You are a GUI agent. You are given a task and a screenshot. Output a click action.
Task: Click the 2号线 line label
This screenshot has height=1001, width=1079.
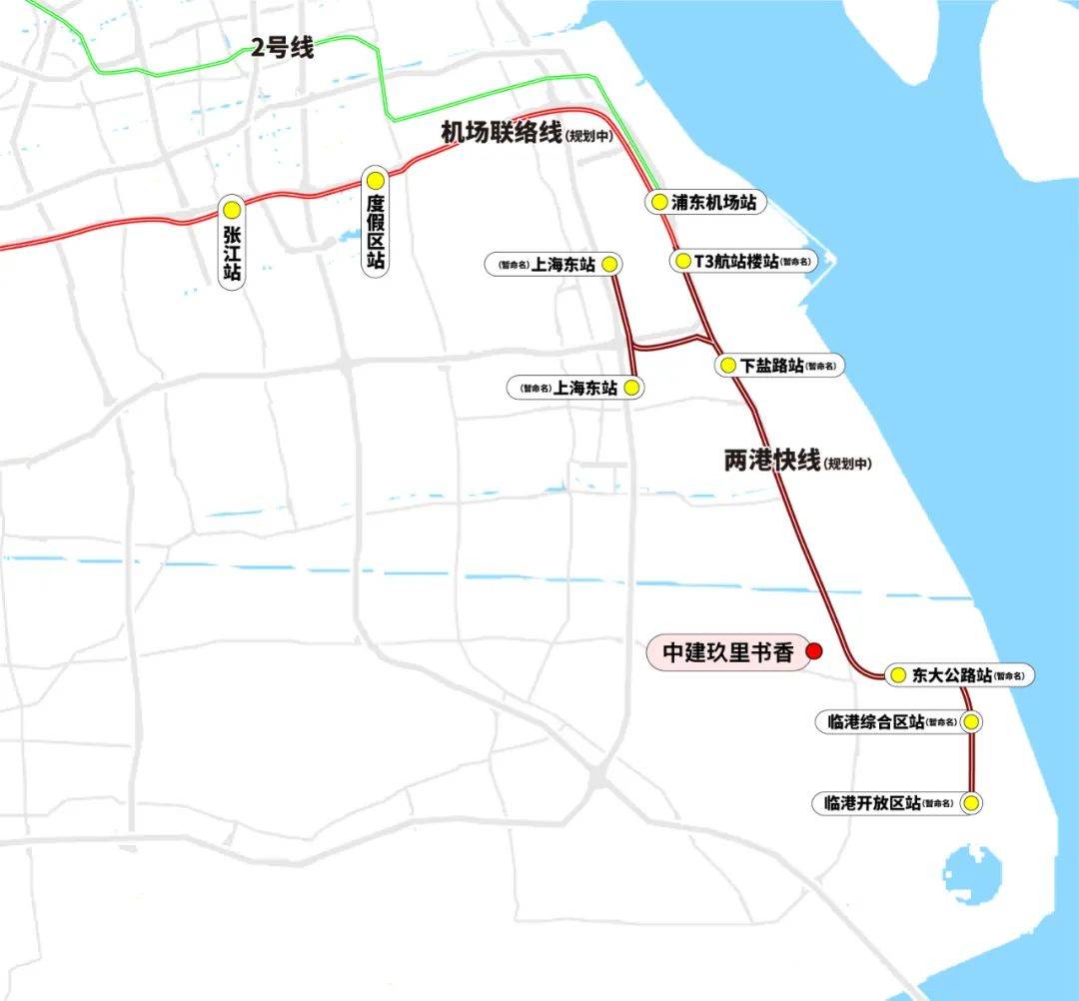[282, 47]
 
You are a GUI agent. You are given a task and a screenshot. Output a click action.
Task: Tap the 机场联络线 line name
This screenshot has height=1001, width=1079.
[502, 133]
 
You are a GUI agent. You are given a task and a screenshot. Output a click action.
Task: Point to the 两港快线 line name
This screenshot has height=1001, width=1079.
[772, 461]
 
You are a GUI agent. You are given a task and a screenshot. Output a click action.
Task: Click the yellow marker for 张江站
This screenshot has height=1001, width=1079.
[232, 210]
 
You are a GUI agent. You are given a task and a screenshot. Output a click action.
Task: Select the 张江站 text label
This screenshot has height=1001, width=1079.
[232, 254]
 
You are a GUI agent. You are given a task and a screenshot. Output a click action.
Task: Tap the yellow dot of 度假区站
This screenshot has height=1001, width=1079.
[375, 181]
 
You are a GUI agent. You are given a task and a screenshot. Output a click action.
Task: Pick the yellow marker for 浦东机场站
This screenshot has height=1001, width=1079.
[658, 202]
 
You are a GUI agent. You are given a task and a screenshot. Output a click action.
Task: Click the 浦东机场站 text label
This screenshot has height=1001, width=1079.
[713, 202]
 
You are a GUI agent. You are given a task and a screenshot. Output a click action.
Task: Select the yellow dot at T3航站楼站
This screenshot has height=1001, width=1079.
[682, 262]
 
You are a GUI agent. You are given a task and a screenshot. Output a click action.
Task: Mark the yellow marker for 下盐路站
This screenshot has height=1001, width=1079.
[727, 366]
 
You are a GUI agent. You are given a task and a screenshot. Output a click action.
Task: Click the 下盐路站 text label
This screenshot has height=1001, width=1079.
[772, 366]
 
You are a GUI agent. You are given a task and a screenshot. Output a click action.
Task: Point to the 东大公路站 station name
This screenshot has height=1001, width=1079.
[951, 675]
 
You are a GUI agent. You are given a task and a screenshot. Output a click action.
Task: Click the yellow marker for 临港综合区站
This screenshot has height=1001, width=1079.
[969, 721]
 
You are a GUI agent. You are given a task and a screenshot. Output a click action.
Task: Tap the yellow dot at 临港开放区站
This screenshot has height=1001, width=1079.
[969, 802]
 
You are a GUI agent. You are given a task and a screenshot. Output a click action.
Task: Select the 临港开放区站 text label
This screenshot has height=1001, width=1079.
[872, 802]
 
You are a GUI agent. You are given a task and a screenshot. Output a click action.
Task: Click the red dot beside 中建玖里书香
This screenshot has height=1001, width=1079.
[813, 651]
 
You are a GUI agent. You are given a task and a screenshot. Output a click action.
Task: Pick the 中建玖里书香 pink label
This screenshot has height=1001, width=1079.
[728, 652]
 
